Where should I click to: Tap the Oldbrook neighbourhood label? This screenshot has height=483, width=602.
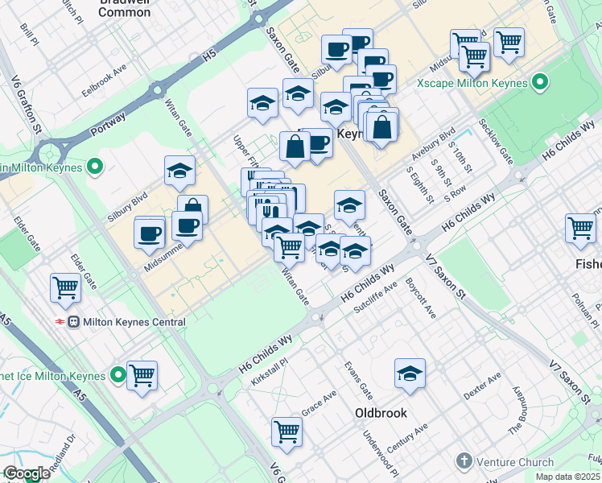pyautogui.click(x=381, y=413)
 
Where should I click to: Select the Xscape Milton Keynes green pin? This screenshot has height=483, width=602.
pyautogui.click(x=540, y=83)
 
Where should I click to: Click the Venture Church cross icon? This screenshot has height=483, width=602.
pyautogui.click(x=463, y=461)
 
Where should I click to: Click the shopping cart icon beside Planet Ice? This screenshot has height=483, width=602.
pyautogui.click(x=142, y=375)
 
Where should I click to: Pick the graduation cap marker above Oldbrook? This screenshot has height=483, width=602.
pyautogui.click(x=410, y=374)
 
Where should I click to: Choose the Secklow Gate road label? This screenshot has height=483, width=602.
pyautogui.click(x=495, y=142)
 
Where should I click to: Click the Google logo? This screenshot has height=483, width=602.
pyautogui.click(x=27, y=473)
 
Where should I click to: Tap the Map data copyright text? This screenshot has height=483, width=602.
pyautogui.click(x=567, y=477)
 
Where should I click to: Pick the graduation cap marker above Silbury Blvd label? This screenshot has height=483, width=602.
pyautogui.click(x=179, y=170)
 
